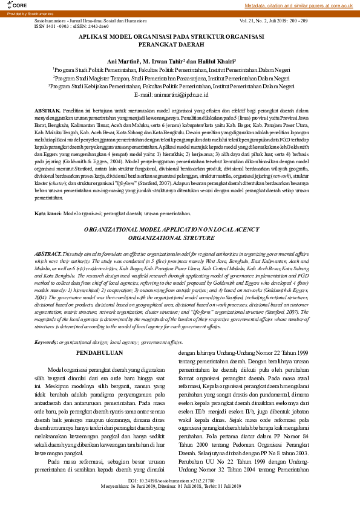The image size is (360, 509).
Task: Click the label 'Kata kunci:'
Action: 48,214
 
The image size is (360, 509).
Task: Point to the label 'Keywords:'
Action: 47,325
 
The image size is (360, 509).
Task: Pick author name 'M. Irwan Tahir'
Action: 163,60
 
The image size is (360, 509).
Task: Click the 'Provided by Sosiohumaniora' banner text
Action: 28,13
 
